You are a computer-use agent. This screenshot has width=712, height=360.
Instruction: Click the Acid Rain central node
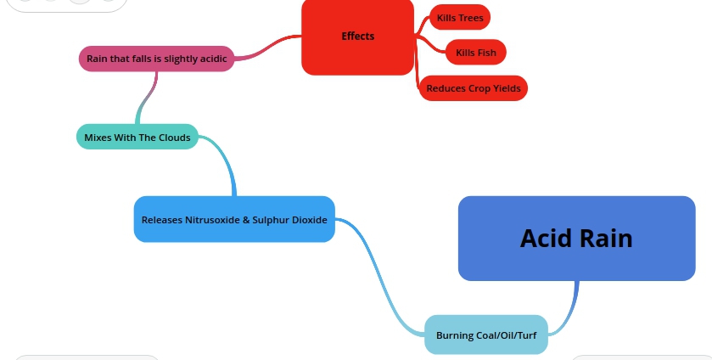point(576,238)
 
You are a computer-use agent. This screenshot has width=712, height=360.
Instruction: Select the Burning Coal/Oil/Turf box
point(485,335)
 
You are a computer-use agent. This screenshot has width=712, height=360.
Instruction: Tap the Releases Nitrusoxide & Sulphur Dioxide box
point(234,219)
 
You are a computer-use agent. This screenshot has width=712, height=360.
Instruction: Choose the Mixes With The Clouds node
point(137,137)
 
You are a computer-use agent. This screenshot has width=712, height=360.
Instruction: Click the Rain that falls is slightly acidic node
point(156,59)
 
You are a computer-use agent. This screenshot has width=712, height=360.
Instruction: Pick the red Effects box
point(357,37)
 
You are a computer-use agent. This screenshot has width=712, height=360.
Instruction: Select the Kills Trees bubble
point(460,17)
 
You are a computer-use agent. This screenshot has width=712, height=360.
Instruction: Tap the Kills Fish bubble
point(475,53)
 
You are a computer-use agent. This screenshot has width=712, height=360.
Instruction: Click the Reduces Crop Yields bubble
point(473,88)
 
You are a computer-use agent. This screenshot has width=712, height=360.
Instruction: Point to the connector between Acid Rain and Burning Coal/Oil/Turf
point(570,306)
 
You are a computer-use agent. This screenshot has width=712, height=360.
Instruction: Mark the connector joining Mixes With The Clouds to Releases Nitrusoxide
point(227,161)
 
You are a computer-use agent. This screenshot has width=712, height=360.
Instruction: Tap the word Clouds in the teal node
point(173,138)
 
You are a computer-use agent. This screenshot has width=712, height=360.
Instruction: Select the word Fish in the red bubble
point(487,53)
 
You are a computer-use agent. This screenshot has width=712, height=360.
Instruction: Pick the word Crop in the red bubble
point(479,88)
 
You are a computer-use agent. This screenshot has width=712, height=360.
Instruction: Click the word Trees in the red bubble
point(471,17)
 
